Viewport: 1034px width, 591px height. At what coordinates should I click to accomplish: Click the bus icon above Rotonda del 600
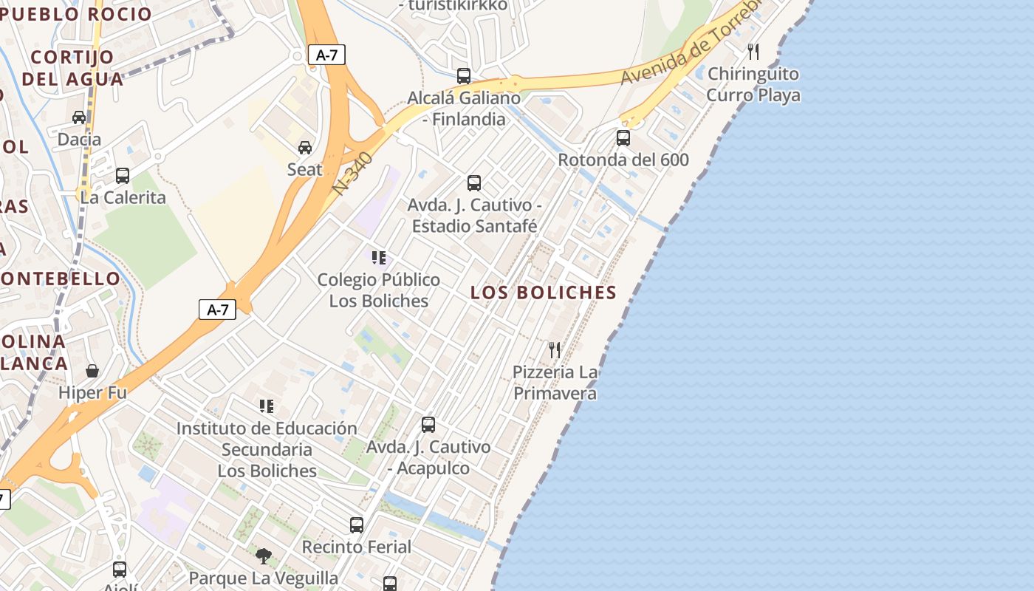(623, 138)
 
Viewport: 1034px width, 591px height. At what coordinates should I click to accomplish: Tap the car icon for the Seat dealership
(305, 148)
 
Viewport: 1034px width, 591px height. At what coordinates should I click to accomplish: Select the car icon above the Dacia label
(79, 117)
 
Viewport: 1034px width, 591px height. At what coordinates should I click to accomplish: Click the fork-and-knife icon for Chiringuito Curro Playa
(753, 52)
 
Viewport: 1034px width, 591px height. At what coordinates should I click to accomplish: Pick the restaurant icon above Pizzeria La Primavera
(555, 349)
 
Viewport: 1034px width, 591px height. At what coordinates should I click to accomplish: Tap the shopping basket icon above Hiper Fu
(92, 370)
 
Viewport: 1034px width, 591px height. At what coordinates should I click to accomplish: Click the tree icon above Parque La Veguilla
(264, 556)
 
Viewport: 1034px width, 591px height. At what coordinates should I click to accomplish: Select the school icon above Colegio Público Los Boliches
(379, 258)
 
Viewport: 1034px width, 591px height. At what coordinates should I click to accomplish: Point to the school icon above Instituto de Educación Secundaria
(267, 406)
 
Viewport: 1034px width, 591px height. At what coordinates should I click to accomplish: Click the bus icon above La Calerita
(123, 176)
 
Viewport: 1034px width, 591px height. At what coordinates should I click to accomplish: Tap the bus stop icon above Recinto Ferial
(357, 525)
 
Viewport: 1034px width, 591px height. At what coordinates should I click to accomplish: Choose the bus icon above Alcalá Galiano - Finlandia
(464, 75)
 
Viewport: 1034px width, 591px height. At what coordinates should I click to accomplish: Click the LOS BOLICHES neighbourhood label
(544, 293)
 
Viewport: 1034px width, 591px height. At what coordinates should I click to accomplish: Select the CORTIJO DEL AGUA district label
(72, 68)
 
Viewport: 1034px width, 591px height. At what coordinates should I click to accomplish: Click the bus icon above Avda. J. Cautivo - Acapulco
(428, 425)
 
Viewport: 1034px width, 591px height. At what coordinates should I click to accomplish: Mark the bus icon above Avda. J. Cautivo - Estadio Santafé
(474, 182)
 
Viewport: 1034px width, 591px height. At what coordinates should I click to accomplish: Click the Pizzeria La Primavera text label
(555, 383)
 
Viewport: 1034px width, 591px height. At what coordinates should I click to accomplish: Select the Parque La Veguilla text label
(264, 578)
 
